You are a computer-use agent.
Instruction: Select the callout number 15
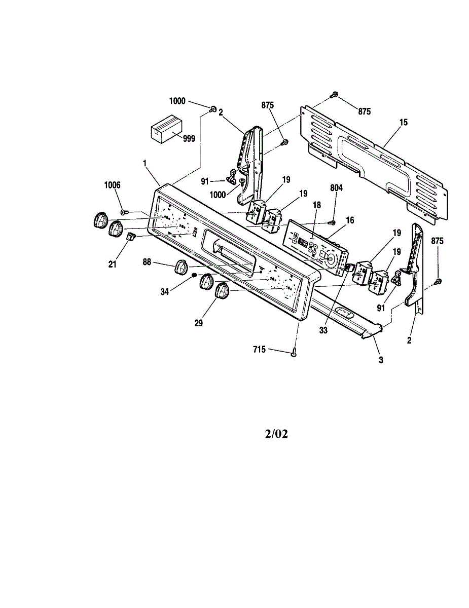coord(403,122)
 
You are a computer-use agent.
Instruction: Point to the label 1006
coord(113,185)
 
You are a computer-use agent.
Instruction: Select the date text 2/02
coord(276,434)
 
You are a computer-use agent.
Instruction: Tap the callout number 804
coord(336,187)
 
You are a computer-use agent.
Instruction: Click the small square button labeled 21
coord(130,237)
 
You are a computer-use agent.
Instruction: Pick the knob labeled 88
coord(182,267)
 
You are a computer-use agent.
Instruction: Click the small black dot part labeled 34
coord(194,275)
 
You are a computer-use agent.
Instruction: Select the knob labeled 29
coord(222,292)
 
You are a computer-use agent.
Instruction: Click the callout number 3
coord(381,361)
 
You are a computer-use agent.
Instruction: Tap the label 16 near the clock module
coord(350,220)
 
